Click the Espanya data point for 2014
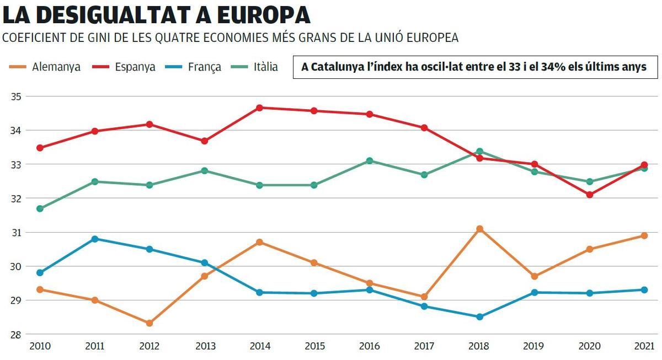point(259,108)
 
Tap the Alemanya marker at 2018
point(479,229)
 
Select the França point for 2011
point(94,239)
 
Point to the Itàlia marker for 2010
point(40,208)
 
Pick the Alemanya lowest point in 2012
point(150,323)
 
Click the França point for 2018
point(479,317)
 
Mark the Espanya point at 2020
point(590,195)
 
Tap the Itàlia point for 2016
point(370,161)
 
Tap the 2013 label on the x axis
point(205,346)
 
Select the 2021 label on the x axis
point(644,346)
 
